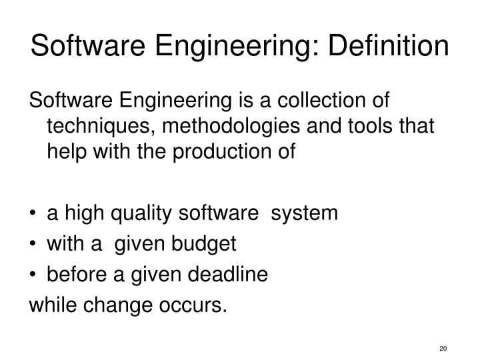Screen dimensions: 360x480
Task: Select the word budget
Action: click(x=206, y=244)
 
